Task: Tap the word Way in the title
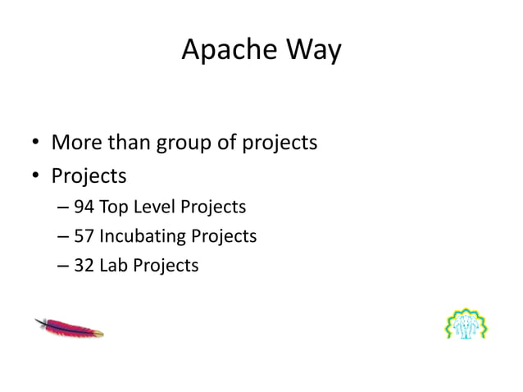coord(312,52)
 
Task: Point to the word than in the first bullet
coord(131,144)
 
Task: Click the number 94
coord(84,207)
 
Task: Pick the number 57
coord(84,236)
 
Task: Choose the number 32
coord(84,266)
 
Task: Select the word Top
coord(112,207)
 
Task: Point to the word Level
coord(154,207)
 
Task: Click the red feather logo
coord(69,327)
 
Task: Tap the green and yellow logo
coord(466,323)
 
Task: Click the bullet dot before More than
coord(36,145)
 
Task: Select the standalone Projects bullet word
coord(89,176)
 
